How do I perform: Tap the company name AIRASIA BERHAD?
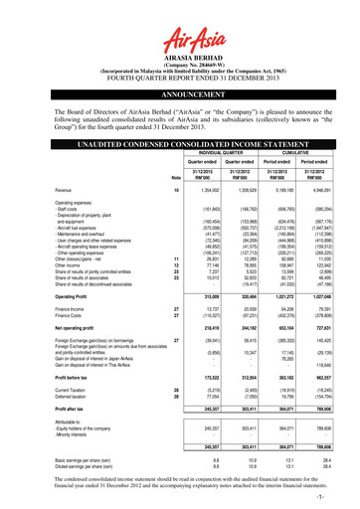coord(179,40)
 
